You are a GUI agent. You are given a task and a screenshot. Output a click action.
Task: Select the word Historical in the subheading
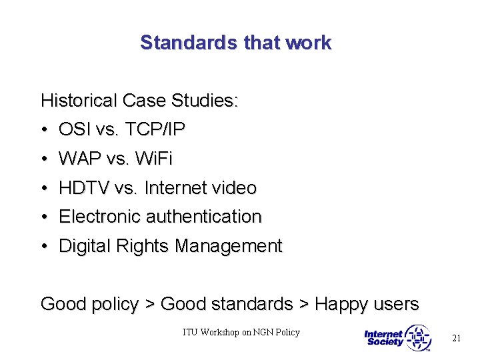pos(78,101)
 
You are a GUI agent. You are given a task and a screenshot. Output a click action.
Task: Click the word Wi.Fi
pos(153,159)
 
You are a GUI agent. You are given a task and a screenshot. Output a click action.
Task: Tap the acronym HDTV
pos(84,188)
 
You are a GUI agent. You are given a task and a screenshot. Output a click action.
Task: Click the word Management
pos(228,246)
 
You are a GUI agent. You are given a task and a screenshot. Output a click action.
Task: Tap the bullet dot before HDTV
pos(44,188)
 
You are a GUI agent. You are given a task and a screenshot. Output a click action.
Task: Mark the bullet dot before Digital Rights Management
pos(44,246)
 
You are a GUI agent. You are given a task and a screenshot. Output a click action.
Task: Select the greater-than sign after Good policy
pos(150,305)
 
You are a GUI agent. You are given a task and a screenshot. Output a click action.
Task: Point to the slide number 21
pos(456,338)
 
